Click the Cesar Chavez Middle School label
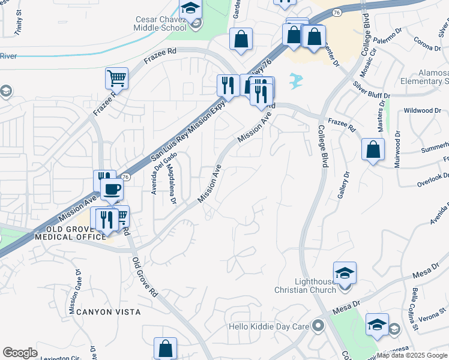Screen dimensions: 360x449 [x=161, y=23]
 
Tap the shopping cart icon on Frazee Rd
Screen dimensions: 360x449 [x=116, y=78]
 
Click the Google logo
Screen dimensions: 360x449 [x=20, y=353]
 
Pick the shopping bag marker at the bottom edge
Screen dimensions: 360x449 [x=165, y=349]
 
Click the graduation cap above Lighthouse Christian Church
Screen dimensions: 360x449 [x=345, y=273]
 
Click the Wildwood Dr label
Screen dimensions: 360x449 [x=422, y=110]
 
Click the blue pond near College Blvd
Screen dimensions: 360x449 [x=296, y=80]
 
